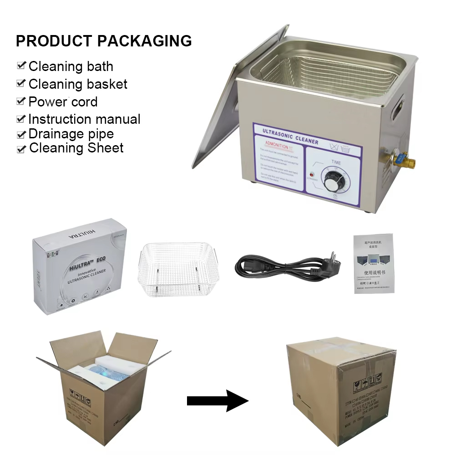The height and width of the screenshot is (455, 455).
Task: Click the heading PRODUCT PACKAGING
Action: pyautogui.click(x=104, y=41)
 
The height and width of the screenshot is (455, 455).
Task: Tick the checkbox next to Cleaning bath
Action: pyautogui.click(x=21, y=66)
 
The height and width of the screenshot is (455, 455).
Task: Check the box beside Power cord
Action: pyautogui.click(x=21, y=101)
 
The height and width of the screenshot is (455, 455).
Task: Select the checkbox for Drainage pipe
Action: pyautogui.click(x=21, y=134)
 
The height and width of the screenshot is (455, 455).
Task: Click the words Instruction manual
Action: pyautogui.click(x=84, y=119)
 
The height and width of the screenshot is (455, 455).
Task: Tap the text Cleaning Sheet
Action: pyautogui.click(x=76, y=148)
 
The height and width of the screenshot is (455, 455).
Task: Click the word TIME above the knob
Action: pyautogui.click(x=336, y=162)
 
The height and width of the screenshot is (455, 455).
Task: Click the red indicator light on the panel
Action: pyautogui.click(x=312, y=175)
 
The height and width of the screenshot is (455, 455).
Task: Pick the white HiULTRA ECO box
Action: pyautogui.click(x=77, y=268)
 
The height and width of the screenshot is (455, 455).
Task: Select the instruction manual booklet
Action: pyautogui.click(x=373, y=264)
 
